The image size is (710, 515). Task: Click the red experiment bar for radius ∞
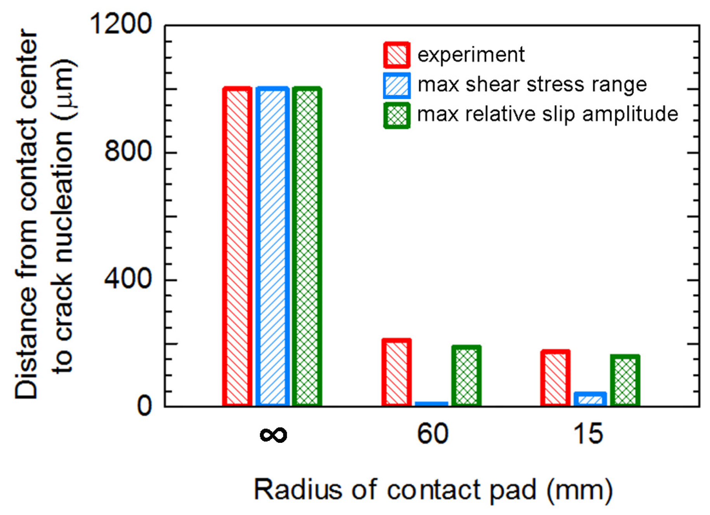[237, 247]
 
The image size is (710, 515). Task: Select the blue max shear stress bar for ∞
[272, 247]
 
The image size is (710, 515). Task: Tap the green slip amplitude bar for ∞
[307, 247]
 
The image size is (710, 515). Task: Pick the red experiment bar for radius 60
[397, 373]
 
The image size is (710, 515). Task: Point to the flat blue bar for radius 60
[431, 404]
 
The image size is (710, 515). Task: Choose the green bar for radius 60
[466, 376]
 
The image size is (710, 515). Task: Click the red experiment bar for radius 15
[555, 378]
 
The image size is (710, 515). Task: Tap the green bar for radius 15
[625, 380]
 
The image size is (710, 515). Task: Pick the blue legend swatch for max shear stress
[397, 85]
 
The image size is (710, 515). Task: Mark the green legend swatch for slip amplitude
[397, 115]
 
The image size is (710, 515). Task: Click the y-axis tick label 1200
[120, 24]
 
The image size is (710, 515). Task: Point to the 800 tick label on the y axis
[128, 151]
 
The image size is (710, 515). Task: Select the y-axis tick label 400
[128, 278]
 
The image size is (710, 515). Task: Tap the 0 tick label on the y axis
[144, 406]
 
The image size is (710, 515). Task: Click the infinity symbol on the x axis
[273, 434]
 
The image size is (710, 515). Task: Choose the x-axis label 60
[433, 434]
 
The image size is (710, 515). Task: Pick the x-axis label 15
[588, 434]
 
